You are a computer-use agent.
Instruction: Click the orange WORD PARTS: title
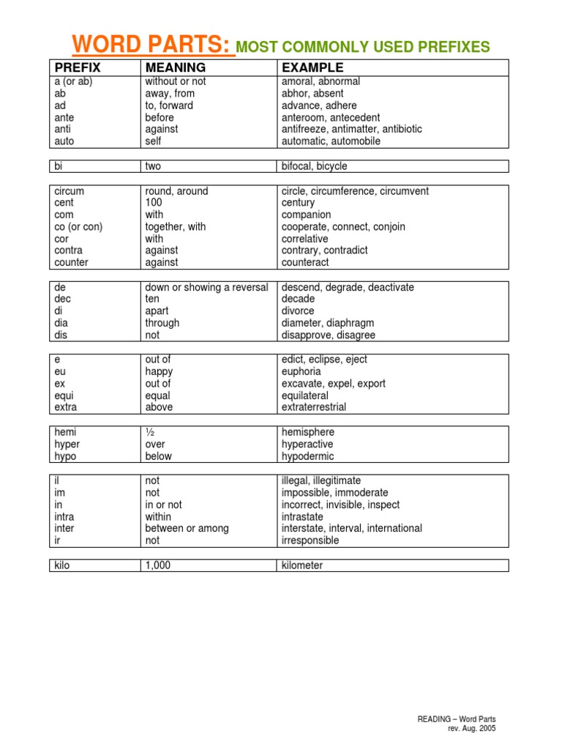(152, 45)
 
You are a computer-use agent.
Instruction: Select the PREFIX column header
(77, 68)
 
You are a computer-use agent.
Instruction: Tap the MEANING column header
(174, 68)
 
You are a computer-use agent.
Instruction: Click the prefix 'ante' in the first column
(64, 117)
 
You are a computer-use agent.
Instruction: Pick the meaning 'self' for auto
(153, 141)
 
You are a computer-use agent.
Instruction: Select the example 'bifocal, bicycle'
(315, 166)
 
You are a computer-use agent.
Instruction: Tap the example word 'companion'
(307, 215)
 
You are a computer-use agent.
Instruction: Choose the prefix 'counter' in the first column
(71, 262)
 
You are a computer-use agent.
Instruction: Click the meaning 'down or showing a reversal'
(206, 287)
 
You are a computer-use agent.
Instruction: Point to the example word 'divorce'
(298, 311)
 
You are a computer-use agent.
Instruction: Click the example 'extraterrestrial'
(315, 407)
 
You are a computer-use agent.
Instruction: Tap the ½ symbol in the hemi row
(150, 432)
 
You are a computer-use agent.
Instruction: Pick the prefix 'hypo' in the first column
(65, 456)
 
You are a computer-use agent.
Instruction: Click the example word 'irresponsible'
(311, 541)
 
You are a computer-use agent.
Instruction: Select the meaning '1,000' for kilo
(157, 565)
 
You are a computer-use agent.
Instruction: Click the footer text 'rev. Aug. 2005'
(471, 729)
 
